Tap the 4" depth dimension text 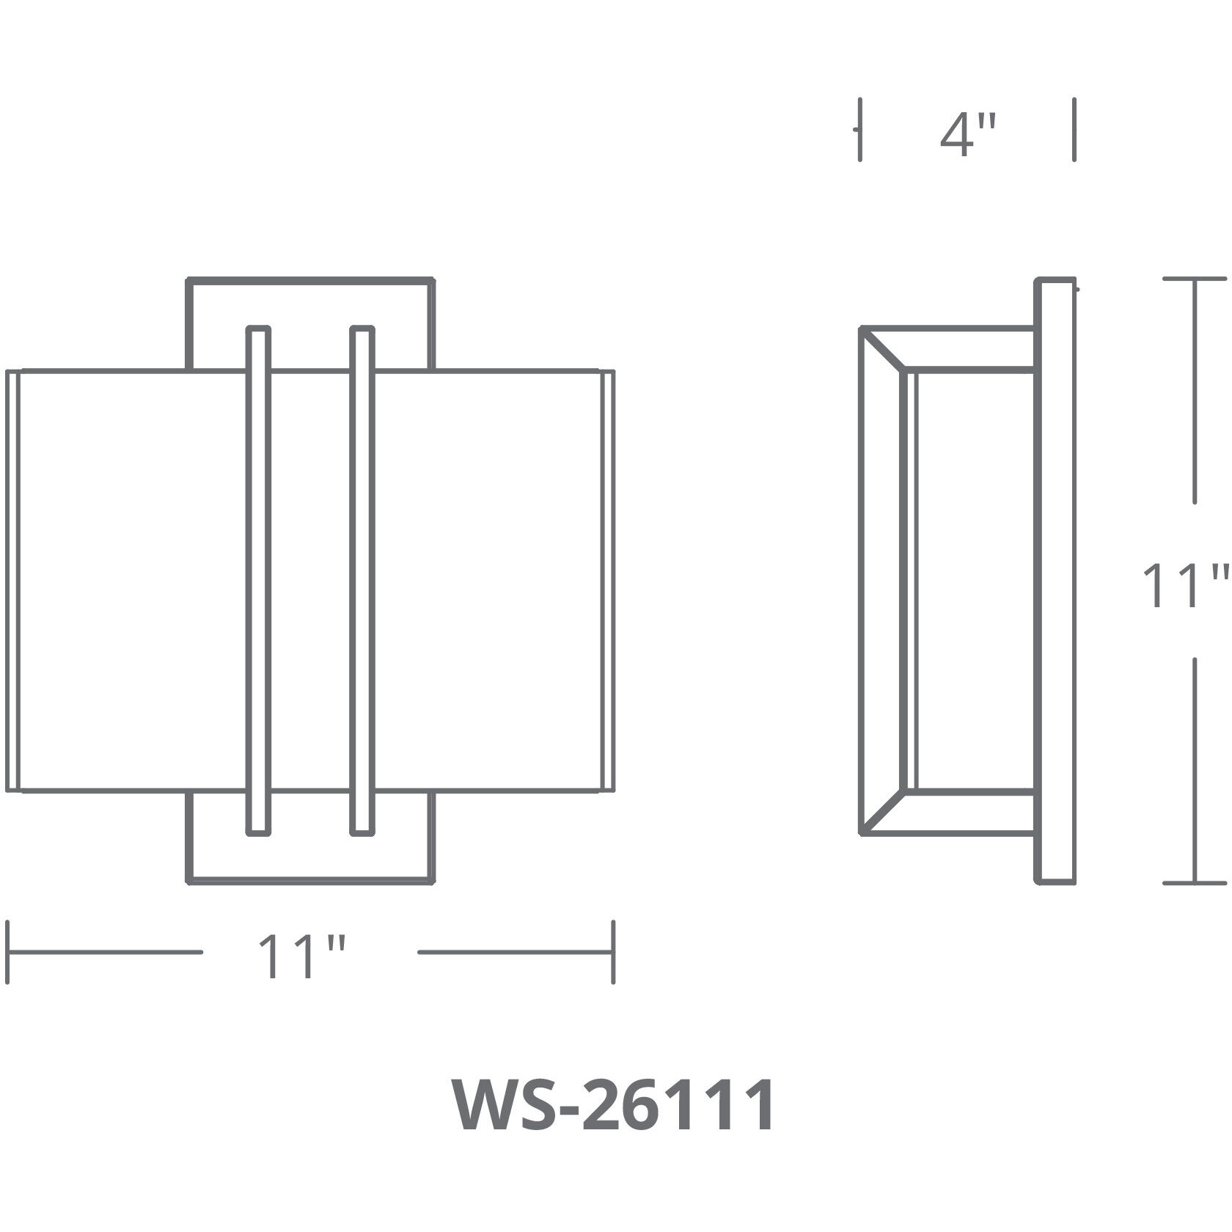click(x=968, y=136)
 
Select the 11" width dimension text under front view click(x=301, y=956)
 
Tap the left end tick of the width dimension click(x=7, y=952)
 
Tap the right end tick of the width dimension click(x=613, y=952)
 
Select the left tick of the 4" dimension click(x=860, y=130)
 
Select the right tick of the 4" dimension click(x=1074, y=130)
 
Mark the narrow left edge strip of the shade click(x=12, y=581)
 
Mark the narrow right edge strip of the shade click(x=607, y=581)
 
